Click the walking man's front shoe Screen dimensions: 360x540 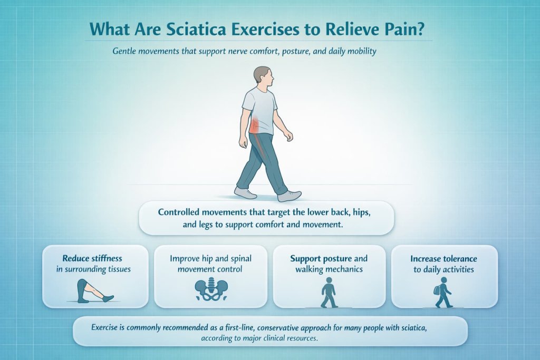tap(289, 196)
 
